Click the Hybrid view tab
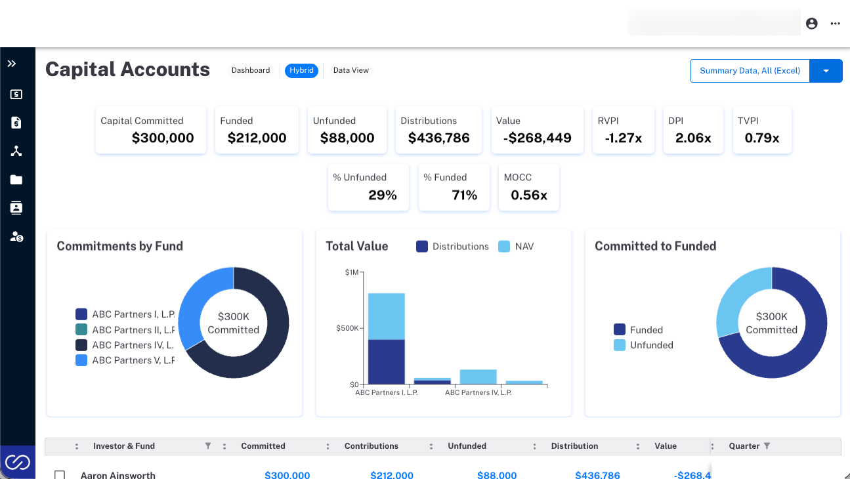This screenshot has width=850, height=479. pyautogui.click(x=301, y=71)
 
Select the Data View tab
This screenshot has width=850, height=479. pyautogui.click(x=351, y=71)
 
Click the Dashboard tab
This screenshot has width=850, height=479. pyautogui.click(x=251, y=71)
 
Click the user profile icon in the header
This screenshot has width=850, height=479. pyautogui.click(x=812, y=24)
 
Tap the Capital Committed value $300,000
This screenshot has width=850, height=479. pyautogui.click(x=163, y=138)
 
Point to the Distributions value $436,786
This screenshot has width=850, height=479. pyautogui.click(x=438, y=138)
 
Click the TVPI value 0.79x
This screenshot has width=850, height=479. pyautogui.click(x=762, y=138)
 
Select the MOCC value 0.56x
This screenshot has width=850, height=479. pyautogui.click(x=529, y=195)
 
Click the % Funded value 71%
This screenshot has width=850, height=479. pyautogui.click(x=464, y=195)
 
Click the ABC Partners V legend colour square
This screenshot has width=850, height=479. pyautogui.click(x=81, y=360)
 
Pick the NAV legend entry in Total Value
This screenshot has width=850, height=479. pyautogui.click(x=516, y=247)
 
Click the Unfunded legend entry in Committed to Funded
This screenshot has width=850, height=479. pyautogui.click(x=643, y=345)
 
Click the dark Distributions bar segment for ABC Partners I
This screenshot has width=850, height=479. pyautogui.click(x=387, y=362)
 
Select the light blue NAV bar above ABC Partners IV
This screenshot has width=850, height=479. pyautogui.click(x=478, y=377)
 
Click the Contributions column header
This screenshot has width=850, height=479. pyautogui.click(x=371, y=446)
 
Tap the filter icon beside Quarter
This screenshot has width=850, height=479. pyautogui.click(x=767, y=446)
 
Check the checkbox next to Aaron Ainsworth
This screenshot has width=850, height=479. pyautogui.click(x=60, y=475)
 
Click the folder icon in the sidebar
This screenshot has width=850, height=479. pyautogui.click(x=16, y=179)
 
